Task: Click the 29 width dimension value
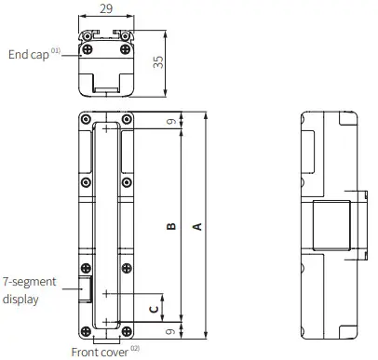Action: coord(106,8)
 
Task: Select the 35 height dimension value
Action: coord(158,62)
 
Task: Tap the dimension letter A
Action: coord(197,227)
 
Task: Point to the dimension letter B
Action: coord(171,226)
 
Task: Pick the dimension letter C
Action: coord(154,309)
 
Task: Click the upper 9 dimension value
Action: coord(171,121)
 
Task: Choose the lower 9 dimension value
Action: coord(170,331)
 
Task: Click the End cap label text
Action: coord(29,55)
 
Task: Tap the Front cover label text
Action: coord(100,353)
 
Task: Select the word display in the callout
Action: coord(20,300)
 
